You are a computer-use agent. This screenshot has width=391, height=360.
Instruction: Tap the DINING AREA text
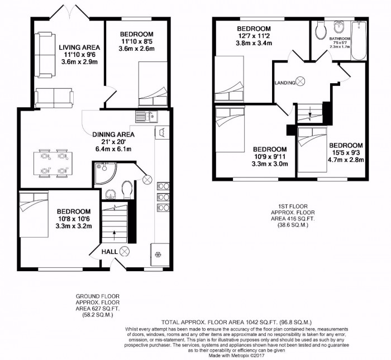[113, 134]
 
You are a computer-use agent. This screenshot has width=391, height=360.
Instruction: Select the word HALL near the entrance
[109, 252]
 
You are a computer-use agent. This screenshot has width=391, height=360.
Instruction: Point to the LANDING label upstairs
[284, 83]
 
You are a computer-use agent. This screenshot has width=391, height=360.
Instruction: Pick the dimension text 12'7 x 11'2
[254, 36]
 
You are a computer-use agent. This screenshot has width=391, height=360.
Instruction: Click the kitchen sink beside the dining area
[147, 116]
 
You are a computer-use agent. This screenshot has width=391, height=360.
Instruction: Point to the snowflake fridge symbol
[158, 255]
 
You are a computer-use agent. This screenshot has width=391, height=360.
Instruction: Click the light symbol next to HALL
[125, 252]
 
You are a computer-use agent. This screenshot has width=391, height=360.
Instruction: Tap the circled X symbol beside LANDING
[301, 82]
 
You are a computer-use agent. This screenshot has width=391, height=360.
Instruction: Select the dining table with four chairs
[51, 162]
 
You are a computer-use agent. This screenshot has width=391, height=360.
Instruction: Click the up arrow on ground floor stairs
[116, 233]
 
